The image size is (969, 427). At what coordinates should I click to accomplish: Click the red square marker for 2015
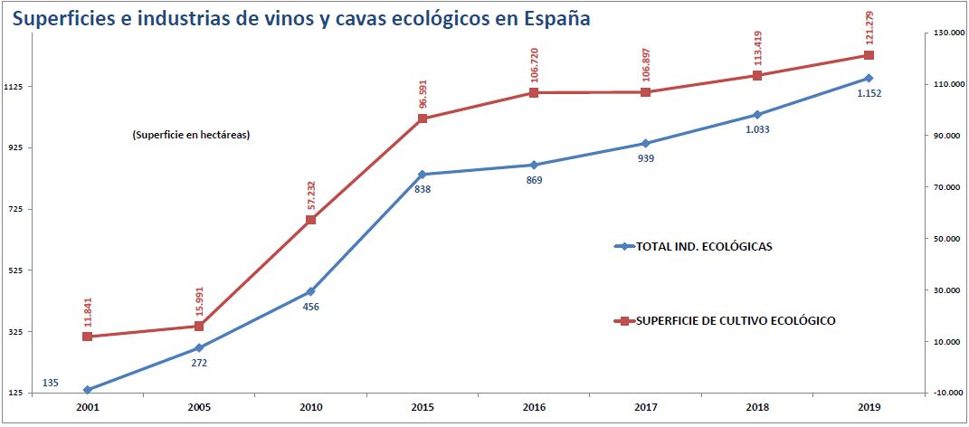coord(423,119)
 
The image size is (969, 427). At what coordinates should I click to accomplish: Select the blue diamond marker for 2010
coord(310,291)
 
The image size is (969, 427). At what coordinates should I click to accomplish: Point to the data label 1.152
coord(869,93)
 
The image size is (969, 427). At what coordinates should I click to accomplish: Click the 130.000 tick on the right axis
coord(946,33)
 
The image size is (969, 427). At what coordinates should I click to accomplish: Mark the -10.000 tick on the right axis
coord(946,394)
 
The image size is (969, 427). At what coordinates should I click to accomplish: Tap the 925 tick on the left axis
coord(18,147)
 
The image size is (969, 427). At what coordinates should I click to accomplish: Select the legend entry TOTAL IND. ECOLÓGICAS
coord(704,246)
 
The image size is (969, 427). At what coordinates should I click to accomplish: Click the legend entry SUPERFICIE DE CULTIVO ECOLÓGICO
coord(735,320)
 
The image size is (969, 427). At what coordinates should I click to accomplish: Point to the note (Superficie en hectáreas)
coord(190,136)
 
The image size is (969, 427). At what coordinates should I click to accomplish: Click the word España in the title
coord(555,17)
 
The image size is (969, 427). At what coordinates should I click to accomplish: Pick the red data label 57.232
coord(311,196)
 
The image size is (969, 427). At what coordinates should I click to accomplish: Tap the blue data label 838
coord(422,189)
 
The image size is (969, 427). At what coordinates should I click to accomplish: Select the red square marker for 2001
coord(87,337)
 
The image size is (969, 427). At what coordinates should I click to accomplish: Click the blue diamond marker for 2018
coord(757,115)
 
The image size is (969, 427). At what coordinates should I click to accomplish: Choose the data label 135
coord(51,384)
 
